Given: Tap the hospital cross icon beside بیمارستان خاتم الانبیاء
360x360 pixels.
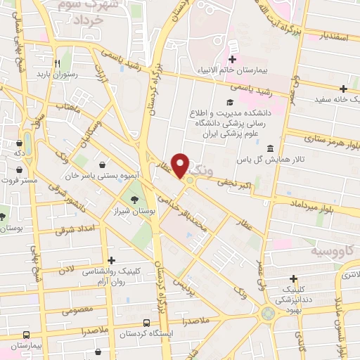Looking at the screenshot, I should [232, 60].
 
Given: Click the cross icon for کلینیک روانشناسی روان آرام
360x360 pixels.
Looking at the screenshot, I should [110, 259].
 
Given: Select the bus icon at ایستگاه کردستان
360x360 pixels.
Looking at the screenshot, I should [146, 323].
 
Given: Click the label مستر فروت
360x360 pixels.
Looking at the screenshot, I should [19, 180].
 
